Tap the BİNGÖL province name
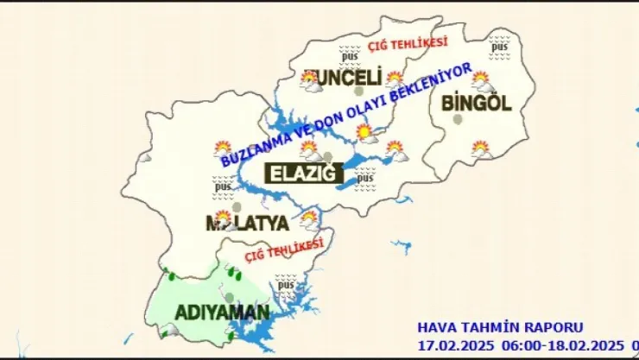[x=476, y=103]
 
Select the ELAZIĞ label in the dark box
[x=302, y=173]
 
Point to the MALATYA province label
[x=246, y=224]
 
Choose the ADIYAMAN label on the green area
[x=211, y=311]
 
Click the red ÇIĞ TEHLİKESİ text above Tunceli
[x=408, y=43]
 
